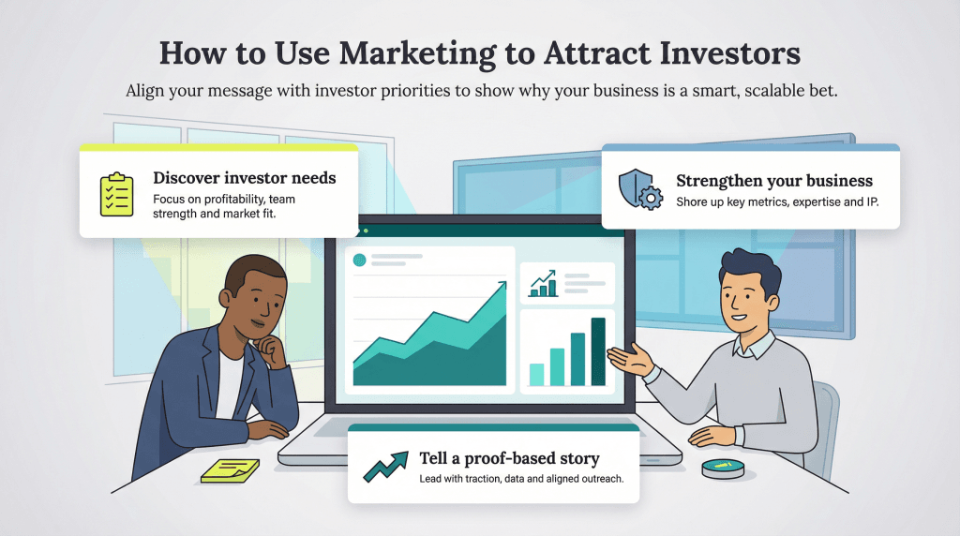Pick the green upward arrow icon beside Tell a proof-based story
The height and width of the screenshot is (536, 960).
384,466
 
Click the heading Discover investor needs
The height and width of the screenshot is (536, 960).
244,178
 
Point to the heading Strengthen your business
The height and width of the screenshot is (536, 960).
774,180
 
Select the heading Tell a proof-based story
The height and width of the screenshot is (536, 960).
509,458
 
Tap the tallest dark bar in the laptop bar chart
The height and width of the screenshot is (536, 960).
598,351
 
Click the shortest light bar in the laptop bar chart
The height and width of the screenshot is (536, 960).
536,374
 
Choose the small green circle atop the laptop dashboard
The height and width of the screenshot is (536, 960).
359,260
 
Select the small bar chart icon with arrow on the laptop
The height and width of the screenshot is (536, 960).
543,282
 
